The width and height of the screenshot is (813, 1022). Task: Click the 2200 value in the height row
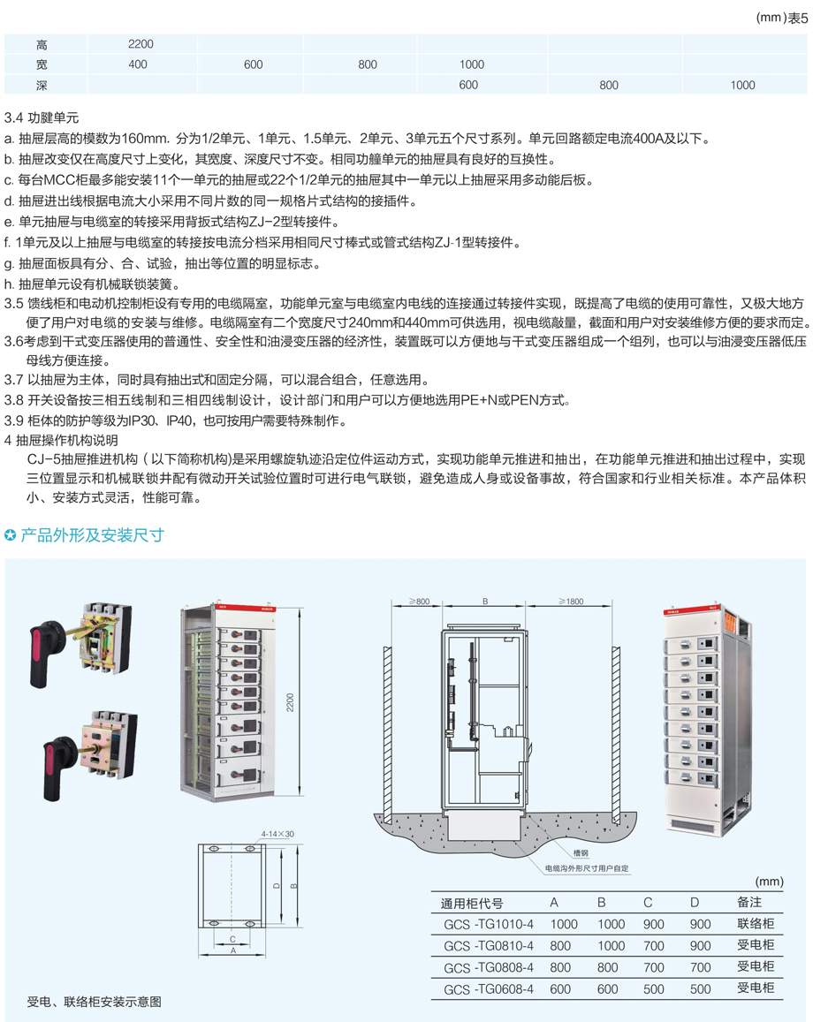pyautogui.click(x=141, y=43)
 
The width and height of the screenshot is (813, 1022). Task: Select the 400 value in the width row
pyautogui.click(x=138, y=64)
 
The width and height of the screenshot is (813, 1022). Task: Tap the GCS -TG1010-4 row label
pyautogui.click(x=489, y=924)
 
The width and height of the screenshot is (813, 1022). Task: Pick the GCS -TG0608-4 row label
pyautogui.click(x=489, y=989)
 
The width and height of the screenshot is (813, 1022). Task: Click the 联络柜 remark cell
pyautogui.click(x=756, y=924)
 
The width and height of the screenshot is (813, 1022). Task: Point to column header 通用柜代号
pyautogui.click(x=472, y=904)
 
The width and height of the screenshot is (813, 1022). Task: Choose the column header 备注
pyautogui.click(x=749, y=902)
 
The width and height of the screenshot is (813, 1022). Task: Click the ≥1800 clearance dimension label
pyautogui.click(x=571, y=602)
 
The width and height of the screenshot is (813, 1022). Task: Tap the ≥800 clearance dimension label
pyautogui.click(x=419, y=602)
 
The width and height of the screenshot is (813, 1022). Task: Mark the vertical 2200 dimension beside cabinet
pyautogui.click(x=290, y=702)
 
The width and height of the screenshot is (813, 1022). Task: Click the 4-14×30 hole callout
pyautogui.click(x=277, y=834)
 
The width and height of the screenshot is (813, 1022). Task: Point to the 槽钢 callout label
pyautogui.click(x=581, y=853)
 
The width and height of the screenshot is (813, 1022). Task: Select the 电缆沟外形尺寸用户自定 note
pyautogui.click(x=587, y=868)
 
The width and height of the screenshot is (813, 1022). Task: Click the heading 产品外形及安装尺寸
pyautogui.click(x=93, y=536)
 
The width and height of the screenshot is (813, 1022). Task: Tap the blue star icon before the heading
pyautogui.click(x=11, y=536)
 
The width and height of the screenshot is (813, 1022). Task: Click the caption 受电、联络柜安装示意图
pyautogui.click(x=94, y=1002)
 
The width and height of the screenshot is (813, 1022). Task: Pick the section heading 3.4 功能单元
pyautogui.click(x=41, y=118)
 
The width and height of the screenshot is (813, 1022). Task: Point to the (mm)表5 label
pyautogui.click(x=781, y=18)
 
